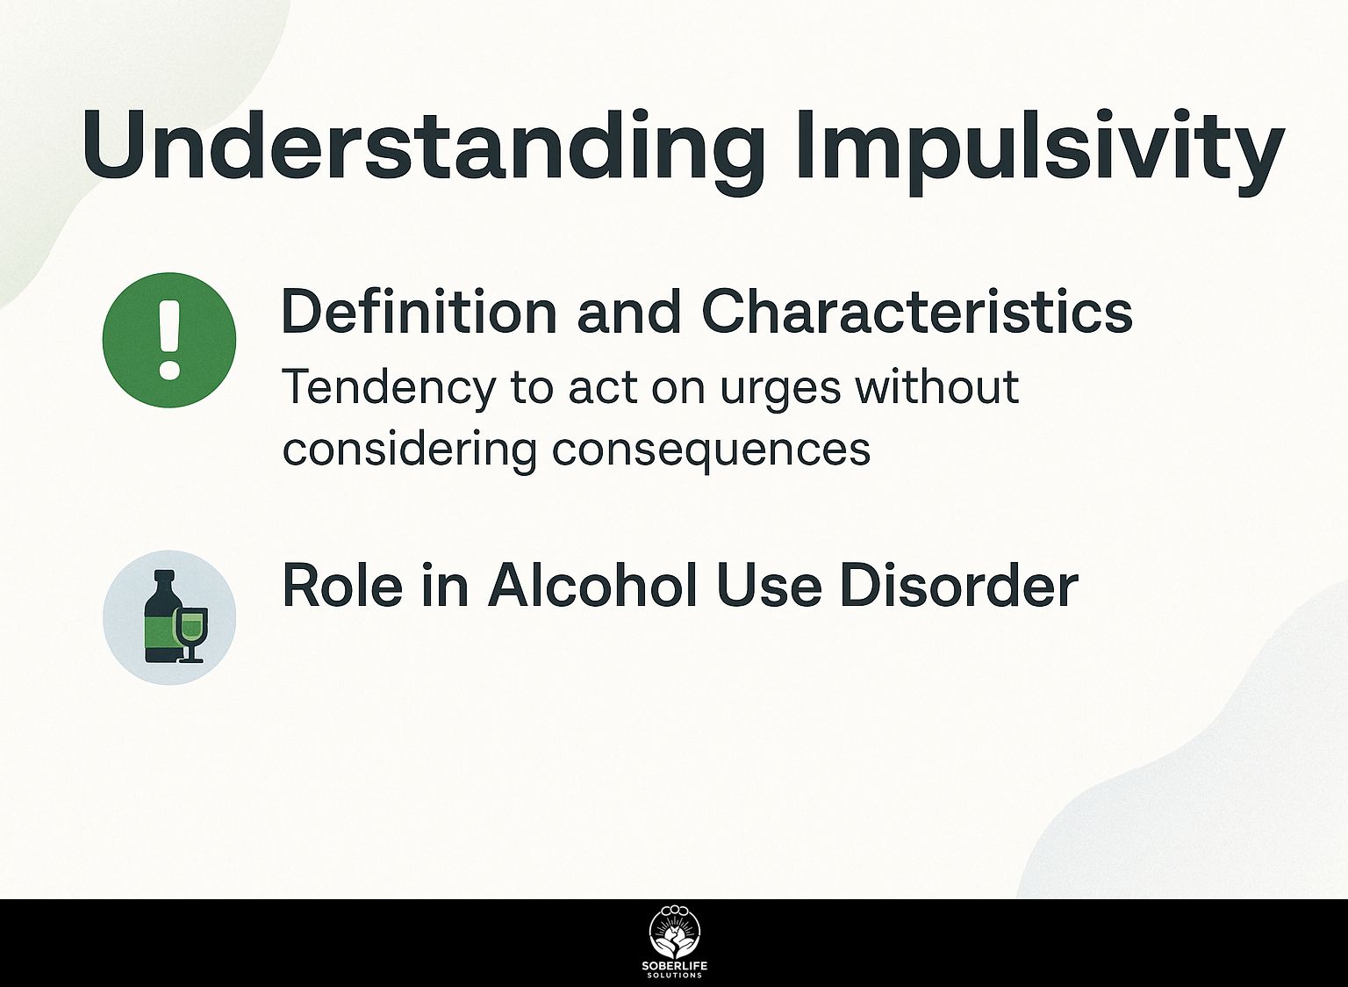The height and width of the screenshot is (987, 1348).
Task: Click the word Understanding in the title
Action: point(425,147)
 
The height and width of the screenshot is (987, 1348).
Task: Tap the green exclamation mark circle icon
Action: point(169,340)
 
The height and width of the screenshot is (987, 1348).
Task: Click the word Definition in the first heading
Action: point(419,312)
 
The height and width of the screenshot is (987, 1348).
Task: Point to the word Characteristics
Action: point(917,312)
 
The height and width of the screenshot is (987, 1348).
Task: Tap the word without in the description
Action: point(937,386)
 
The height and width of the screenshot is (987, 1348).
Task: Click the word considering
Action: point(409,450)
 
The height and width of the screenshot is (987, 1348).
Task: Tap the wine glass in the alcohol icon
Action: point(191,635)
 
